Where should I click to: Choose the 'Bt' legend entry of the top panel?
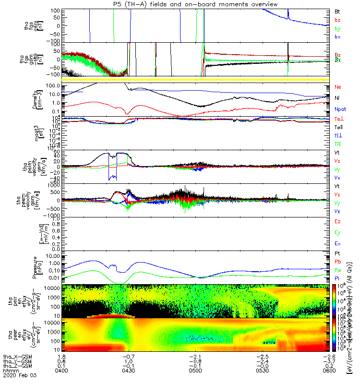[337, 11]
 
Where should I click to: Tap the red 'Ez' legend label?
[337, 222]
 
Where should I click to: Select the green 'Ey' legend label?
[337, 233]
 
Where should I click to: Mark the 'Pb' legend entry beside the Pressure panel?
[337, 261]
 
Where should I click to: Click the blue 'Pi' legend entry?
[337, 278]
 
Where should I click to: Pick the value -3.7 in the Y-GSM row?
[328, 361]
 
